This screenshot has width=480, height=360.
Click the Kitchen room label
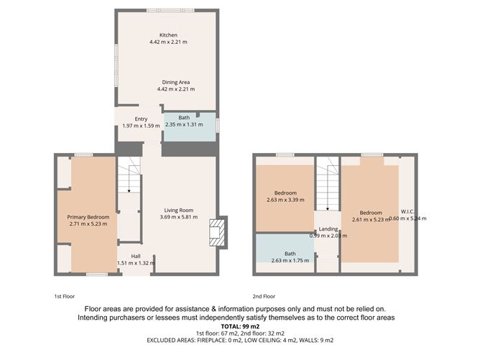click(168, 35)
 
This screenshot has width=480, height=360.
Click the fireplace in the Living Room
click(216, 232)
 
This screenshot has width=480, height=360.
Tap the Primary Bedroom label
click(88, 217)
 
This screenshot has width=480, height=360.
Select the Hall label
click(135, 256)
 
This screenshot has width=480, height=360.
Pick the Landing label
click(328, 229)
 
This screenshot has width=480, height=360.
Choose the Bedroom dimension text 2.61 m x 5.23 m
click(371, 220)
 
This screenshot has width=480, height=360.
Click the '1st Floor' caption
click(64, 296)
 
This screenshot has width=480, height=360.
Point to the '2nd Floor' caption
click(264, 296)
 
